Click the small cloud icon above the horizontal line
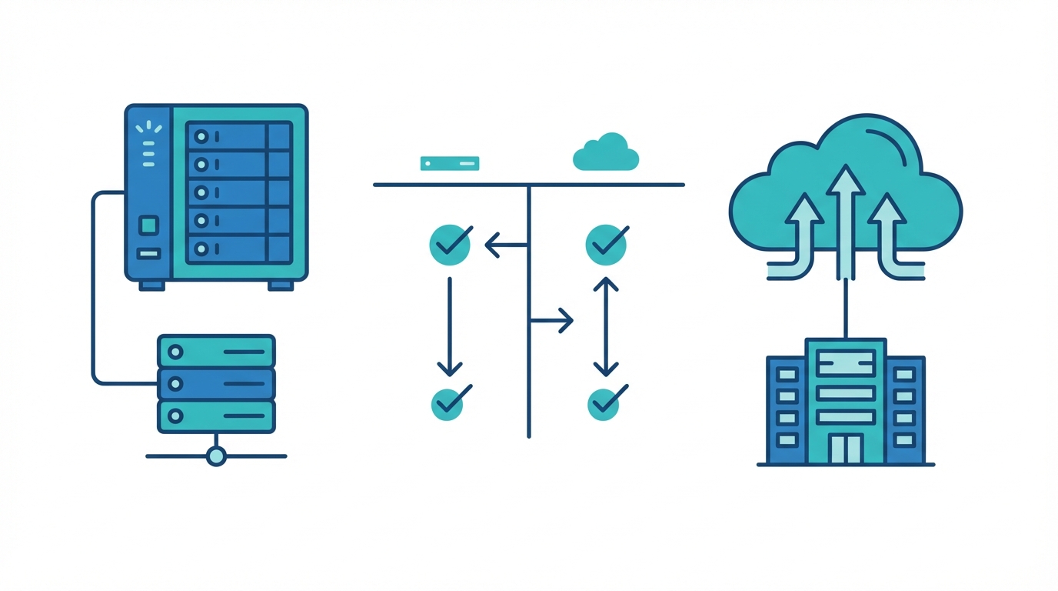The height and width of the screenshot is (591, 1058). pyautogui.click(x=606, y=153)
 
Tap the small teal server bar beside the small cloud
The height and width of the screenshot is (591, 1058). pyautogui.click(x=450, y=163)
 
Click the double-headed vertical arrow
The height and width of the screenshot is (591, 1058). pyautogui.click(x=606, y=326)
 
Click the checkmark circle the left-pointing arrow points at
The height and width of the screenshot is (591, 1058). pyautogui.click(x=450, y=245)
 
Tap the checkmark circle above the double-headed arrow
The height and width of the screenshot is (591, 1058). pyautogui.click(x=606, y=245)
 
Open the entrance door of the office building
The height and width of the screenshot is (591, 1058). pyautogui.click(x=846, y=449)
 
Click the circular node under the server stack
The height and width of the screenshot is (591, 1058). pyautogui.click(x=217, y=456)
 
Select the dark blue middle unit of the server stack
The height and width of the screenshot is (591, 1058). pyautogui.click(x=216, y=383)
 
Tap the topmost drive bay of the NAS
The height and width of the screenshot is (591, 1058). pyautogui.click(x=238, y=136)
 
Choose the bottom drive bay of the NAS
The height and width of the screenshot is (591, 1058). pyautogui.click(x=238, y=249)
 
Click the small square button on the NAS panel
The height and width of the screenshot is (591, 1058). pyautogui.click(x=148, y=225)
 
